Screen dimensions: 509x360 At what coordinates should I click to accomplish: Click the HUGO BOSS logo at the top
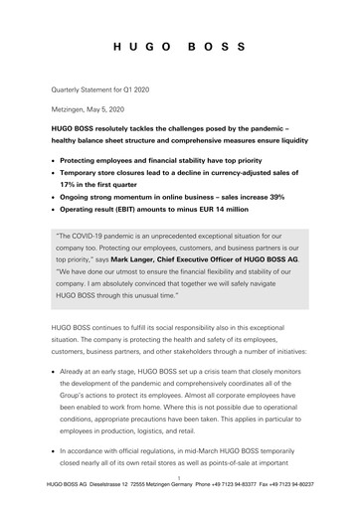point(180,48)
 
